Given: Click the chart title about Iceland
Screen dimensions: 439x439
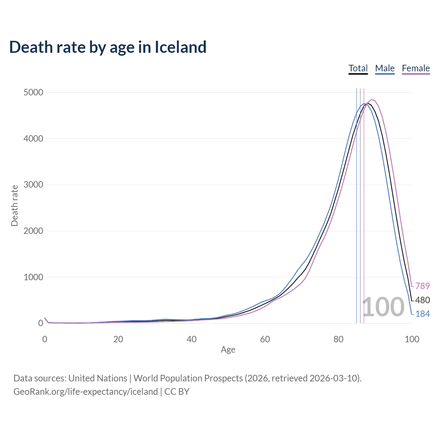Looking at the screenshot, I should click(108, 47).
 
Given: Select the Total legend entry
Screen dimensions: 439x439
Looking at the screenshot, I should click(358, 68).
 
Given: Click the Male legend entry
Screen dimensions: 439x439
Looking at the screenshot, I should click(385, 68).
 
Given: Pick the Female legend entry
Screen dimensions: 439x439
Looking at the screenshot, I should click(416, 68).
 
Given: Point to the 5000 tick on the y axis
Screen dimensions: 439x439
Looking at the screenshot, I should click(33, 93).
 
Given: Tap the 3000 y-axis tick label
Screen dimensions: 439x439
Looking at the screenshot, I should click(33, 185).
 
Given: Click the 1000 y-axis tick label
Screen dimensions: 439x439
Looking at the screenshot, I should click(33, 277).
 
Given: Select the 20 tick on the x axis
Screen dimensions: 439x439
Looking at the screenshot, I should click(118, 340).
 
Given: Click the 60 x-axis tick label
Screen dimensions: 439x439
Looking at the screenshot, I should click(265, 340).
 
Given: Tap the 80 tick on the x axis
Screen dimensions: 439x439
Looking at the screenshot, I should click(338, 340).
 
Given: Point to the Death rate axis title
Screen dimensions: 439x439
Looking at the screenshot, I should click(14, 206).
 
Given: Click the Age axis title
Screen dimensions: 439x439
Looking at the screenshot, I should click(228, 349).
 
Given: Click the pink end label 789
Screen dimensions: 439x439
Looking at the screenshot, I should click(422, 286).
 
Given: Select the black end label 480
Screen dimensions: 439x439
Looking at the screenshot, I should click(422, 300).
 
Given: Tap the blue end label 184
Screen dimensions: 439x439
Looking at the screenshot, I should click(422, 314).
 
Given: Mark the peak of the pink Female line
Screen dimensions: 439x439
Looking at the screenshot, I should click(372, 100).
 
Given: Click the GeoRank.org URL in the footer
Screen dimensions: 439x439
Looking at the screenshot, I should click(85, 392).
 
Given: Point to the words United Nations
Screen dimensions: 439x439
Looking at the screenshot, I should click(98, 378).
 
